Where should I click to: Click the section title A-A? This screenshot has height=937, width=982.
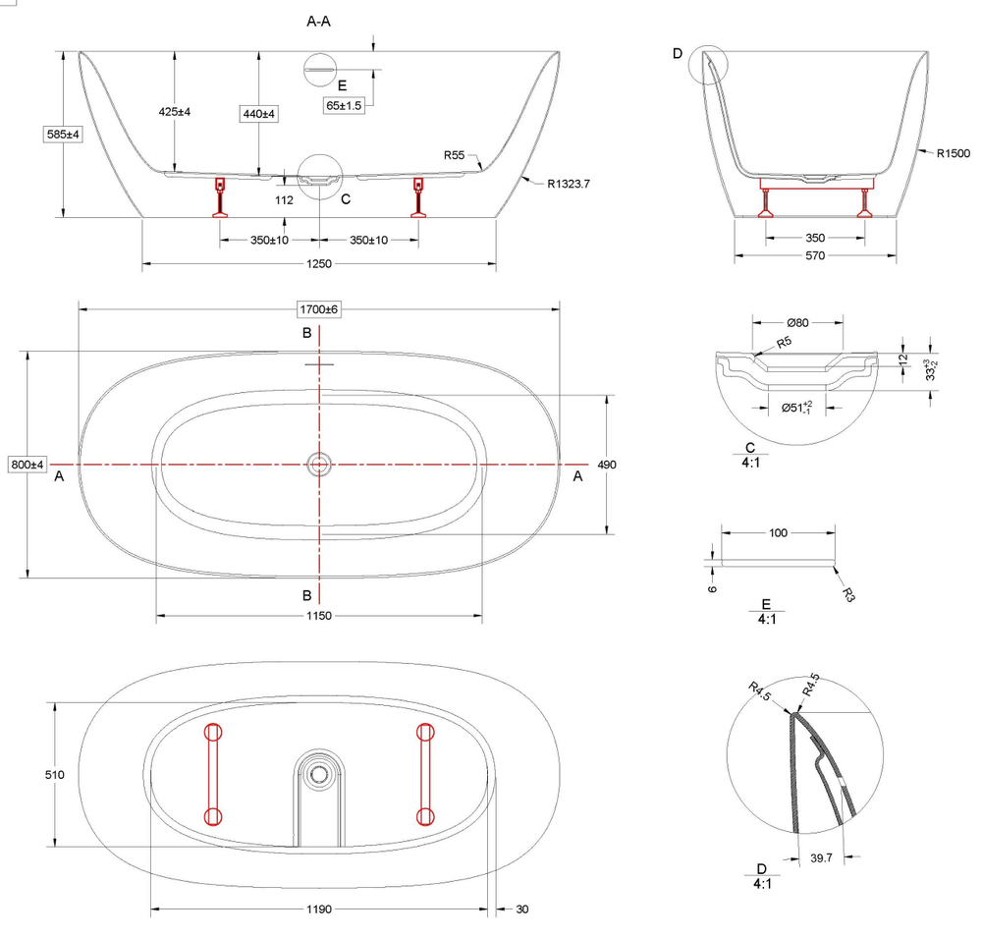tap(320, 20)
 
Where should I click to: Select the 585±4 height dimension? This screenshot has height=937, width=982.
tap(62, 135)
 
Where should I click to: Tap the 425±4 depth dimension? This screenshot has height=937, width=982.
tap(174, 112)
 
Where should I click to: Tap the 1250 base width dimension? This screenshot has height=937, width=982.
tap(320, 263)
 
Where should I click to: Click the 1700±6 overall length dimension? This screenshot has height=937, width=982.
tap(319, 309)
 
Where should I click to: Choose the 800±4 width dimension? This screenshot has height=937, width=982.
tap(27, 464)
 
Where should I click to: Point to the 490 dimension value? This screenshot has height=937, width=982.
tap(607, 465)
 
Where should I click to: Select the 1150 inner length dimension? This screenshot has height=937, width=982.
tap(320, 616)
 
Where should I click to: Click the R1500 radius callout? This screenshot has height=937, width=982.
tap(953, 153)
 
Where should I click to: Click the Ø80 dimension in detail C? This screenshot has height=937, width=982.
tap(797, 321)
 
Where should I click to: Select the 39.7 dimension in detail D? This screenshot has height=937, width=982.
tap(822, 858)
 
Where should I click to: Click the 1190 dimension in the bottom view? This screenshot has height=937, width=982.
tap(320, 909)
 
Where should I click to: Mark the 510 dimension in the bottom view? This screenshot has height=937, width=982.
tap(54, 775)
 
